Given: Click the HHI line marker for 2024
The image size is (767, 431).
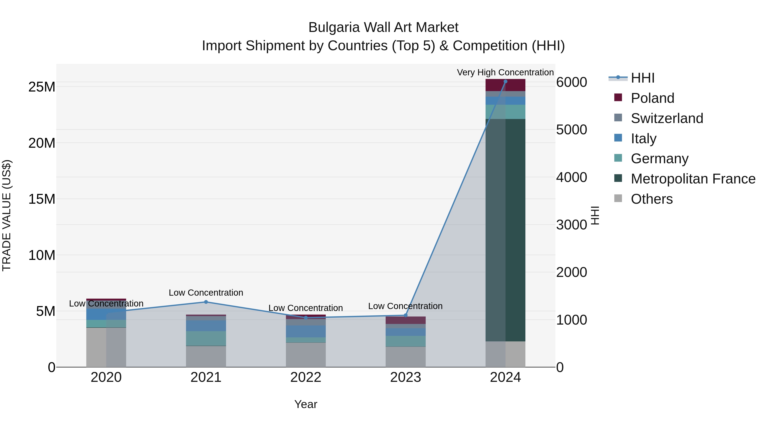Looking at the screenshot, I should pyautogui.click(x=505, y=81).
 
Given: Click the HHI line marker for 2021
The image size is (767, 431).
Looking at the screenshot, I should pyautogui.click(x=206, y=302).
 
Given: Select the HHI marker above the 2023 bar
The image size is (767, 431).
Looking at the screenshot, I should pyautogui.click(x=405, y=315).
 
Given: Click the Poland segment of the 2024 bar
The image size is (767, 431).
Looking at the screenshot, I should pyautogui.click(x=505, y=85).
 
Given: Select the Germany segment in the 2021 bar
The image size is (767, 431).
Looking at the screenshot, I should pyautogui.click(x=206, y=338).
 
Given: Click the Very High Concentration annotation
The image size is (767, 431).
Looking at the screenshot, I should pyautogui.click(x=505, y=72).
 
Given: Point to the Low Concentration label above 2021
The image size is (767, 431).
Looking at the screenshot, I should pyautogui.click(x=206, y=293).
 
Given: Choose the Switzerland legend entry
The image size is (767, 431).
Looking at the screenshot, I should pyautogui.click(x=667, y=118).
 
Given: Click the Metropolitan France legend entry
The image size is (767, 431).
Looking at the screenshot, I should pyautogui.click(x=693, y=179).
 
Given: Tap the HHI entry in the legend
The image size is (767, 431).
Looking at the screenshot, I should pyautogui.click(x=643, y=78).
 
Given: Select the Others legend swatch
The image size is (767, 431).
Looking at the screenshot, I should pyautogui.click(x=618, y=198).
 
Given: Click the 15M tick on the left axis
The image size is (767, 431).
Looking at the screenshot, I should pyautogui.click(x=42, y=199).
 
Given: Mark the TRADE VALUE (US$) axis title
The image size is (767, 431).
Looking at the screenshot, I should pyautogui.click(x=7, y=215).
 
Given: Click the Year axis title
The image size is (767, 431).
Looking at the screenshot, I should pyautogui.click(x=306, y=404).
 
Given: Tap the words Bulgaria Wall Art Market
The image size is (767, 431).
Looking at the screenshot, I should pyautogui.click(x=383, y=27).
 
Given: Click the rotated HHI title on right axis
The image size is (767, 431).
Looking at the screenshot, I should pyautogui.click(x=595, y=215).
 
